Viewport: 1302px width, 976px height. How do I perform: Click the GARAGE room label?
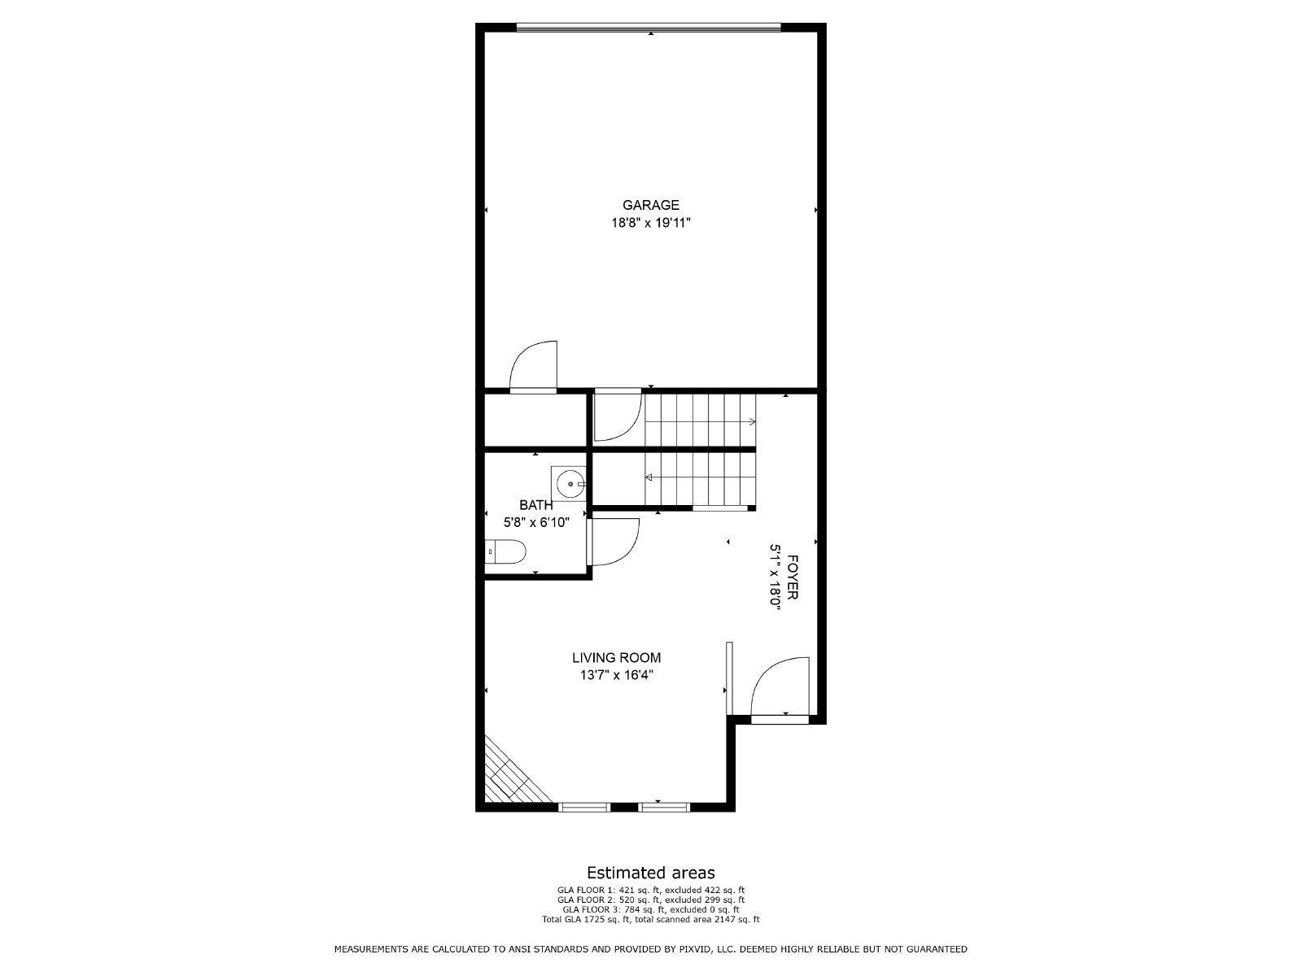click(650, 205)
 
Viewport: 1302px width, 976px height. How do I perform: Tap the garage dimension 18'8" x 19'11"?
click(650, 222)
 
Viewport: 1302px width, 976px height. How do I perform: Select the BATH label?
click(535, 505)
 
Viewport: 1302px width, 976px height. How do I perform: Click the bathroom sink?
click(570, 484)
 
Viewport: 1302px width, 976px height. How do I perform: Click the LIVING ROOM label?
click(616, 658)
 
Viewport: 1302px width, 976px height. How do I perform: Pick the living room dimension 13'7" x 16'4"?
click(616, 674)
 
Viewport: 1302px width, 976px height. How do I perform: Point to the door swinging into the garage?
click(534, 368)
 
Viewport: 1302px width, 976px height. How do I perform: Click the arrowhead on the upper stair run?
click(752, 421)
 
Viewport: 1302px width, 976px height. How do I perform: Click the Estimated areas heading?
click(650, 874)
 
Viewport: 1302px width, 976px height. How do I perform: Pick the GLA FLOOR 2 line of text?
click(650, 900)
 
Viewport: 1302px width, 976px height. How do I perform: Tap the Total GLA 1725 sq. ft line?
click(650, 919)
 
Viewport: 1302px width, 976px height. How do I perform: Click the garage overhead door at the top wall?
click(649, 28)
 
